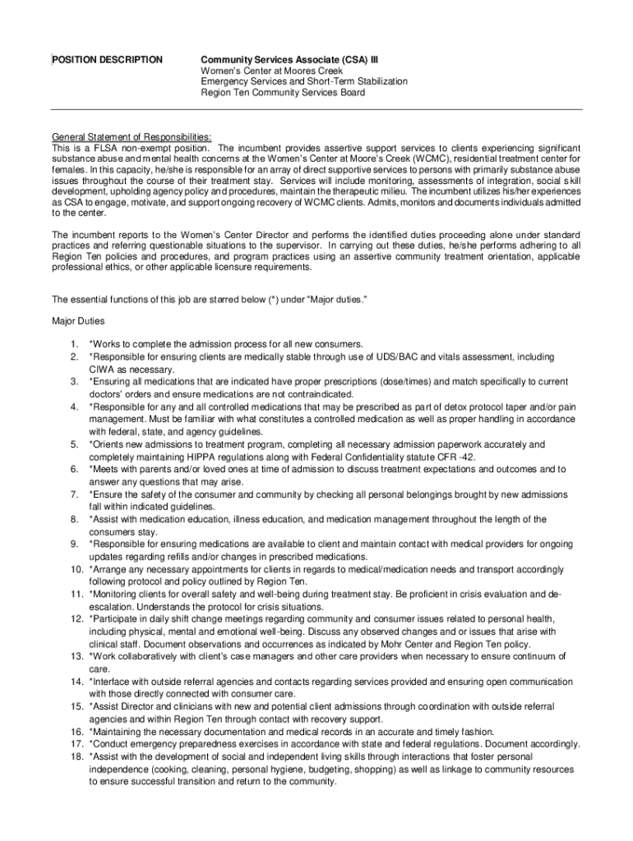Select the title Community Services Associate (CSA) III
[289, 60]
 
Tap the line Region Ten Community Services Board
[284, 92]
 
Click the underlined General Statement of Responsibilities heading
[132, 136]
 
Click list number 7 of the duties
[73, 494]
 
